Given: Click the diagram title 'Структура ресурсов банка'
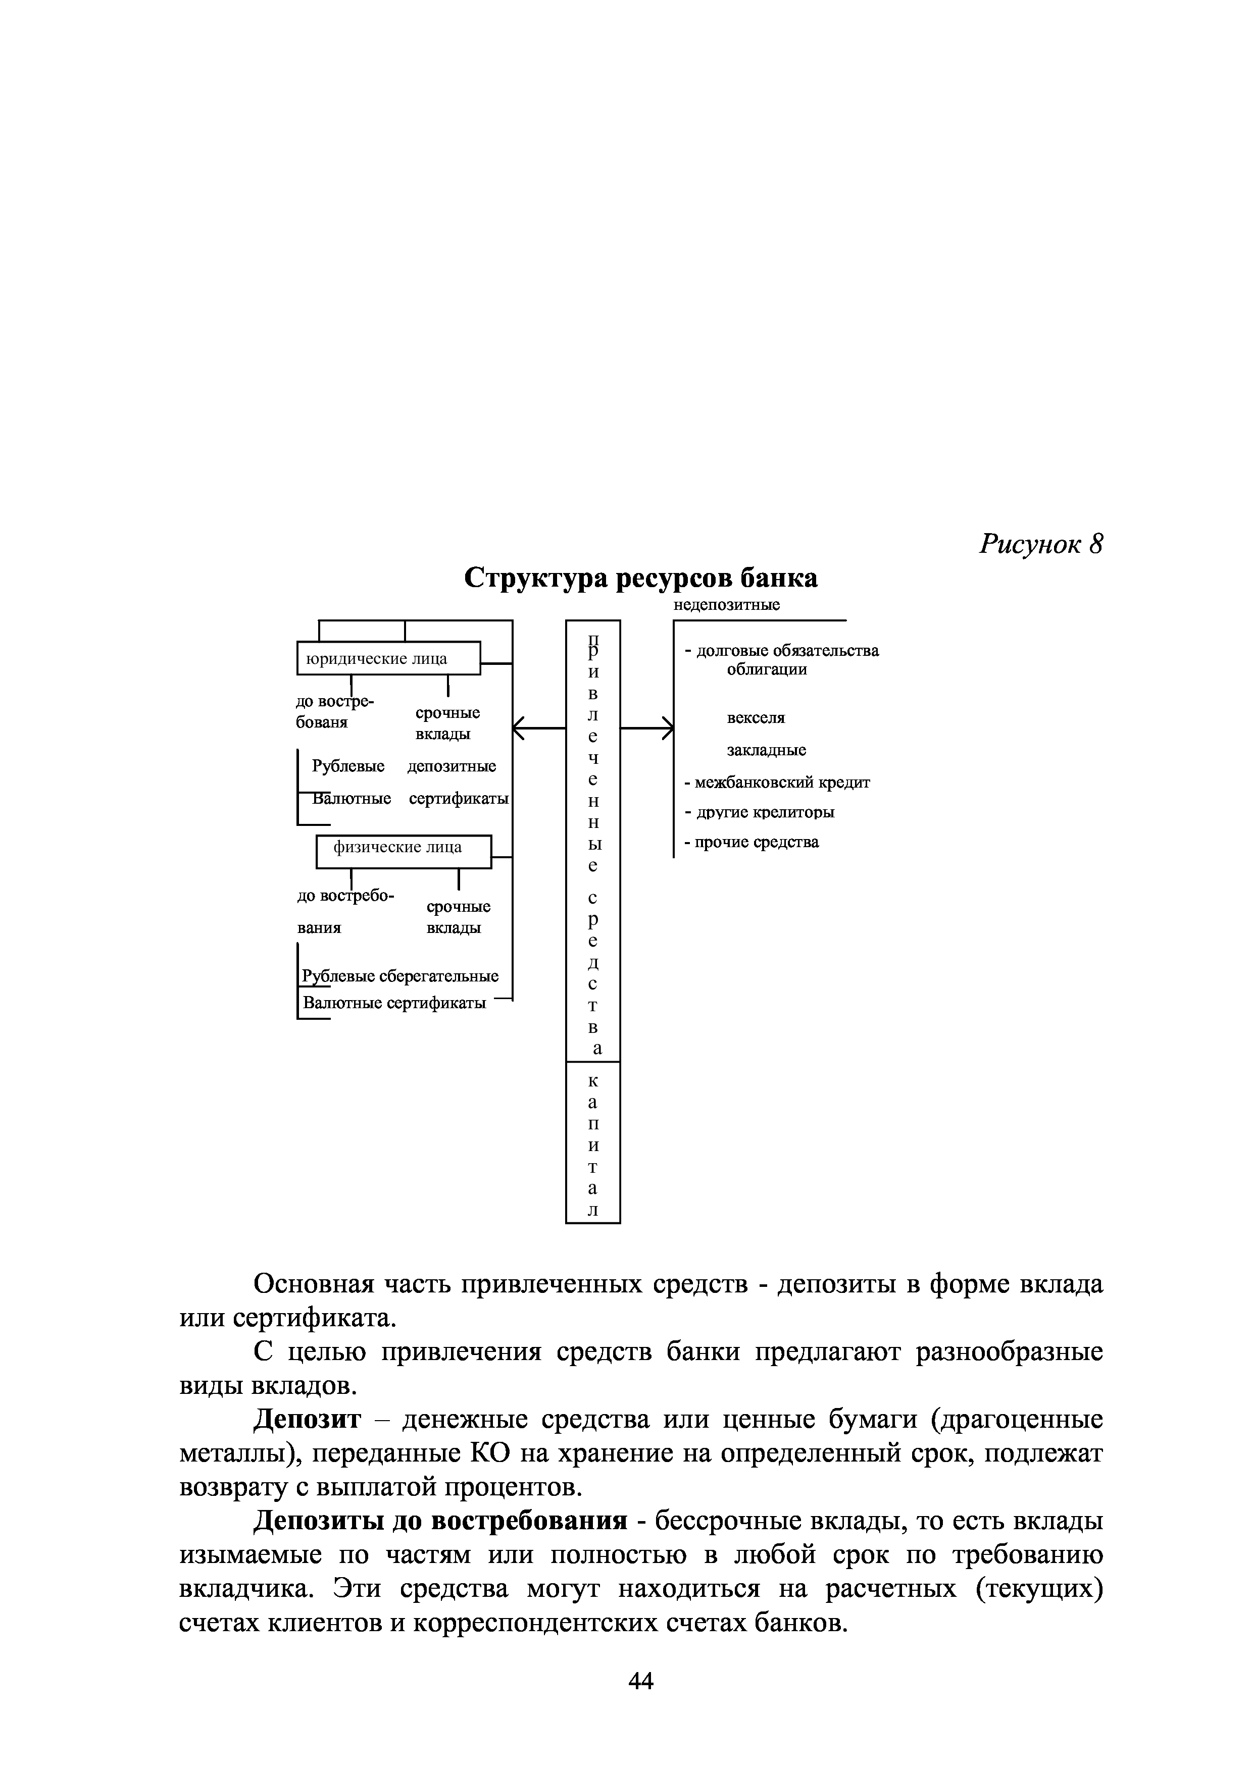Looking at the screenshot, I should coord(640,578).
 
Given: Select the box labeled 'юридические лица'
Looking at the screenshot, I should coord(388,658).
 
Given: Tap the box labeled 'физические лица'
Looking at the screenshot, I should coord(404,848).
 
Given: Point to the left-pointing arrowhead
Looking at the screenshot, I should coord(518,726).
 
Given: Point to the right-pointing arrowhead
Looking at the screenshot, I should coord(668,726).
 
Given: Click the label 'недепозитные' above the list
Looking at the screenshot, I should coord(727,605).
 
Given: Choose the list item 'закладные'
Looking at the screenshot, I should coord(767,750).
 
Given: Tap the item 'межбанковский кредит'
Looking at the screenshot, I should coord(781,782).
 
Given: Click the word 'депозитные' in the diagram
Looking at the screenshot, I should coord(452,766).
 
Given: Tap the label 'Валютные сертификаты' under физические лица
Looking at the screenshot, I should coord(394,1003).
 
